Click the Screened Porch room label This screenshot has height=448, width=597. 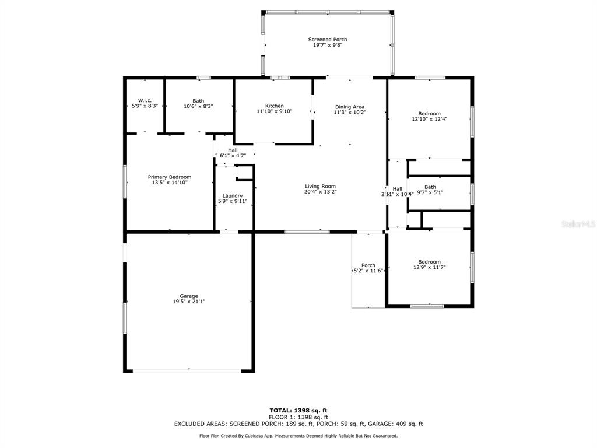[x=328, y=40]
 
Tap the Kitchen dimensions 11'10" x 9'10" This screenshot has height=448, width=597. [x=275, y=111]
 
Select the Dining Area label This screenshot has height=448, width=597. [x=350, y=107]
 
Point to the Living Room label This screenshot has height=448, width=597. [x=320, y=187]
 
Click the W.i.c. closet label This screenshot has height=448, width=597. [x=145, y=100]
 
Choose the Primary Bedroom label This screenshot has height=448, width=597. [x=170, y=177]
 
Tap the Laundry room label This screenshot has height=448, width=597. [x=232, y=196]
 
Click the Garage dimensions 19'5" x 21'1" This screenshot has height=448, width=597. [x=189, y=302]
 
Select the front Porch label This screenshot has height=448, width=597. [x=368, y=265]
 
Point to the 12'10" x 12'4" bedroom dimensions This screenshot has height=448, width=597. [x=430, y=119]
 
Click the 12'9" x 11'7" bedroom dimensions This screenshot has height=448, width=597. [x=430, y=267]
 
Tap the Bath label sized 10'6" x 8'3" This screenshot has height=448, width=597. [x=198, y=101]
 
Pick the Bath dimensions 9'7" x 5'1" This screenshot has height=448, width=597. [x=430, y=192]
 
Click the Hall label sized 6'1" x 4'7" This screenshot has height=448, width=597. [x=233, y=150]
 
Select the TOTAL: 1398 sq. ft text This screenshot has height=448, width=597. [x=298, y=410]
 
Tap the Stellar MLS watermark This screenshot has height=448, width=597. [x=578, y=225]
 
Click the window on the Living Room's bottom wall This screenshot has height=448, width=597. [x=307, y=232]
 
